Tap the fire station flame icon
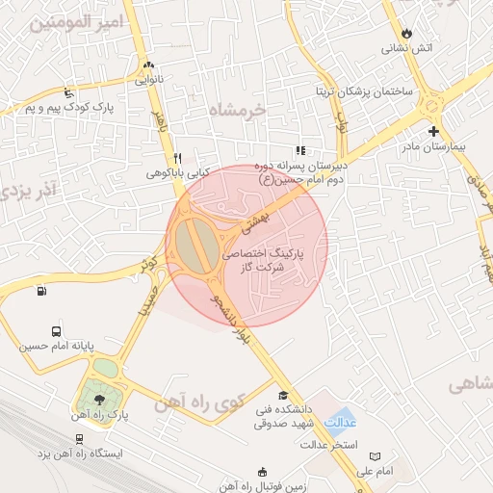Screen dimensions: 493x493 point(407,32)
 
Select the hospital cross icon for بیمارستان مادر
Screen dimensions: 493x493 point(434,131)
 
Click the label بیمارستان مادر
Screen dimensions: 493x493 point(433,148)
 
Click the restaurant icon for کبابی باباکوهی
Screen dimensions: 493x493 point(177,157)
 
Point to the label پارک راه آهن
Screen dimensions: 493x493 point(98,415)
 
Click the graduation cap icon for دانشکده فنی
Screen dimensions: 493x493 point(282,395)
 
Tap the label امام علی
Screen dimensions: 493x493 point(376,471)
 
